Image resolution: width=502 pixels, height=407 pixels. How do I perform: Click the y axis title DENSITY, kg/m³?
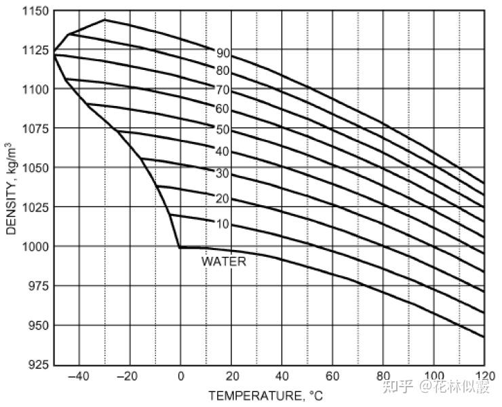click(12, 188)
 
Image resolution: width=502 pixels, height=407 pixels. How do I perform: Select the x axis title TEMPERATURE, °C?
click(266, 396)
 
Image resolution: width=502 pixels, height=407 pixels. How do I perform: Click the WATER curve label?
click(224, 261)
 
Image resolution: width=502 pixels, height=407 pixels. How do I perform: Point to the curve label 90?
click(223, 53)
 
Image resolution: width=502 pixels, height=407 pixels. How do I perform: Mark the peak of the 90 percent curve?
click(104, 20)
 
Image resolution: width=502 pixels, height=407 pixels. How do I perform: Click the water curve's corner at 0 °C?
click(180, 247)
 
